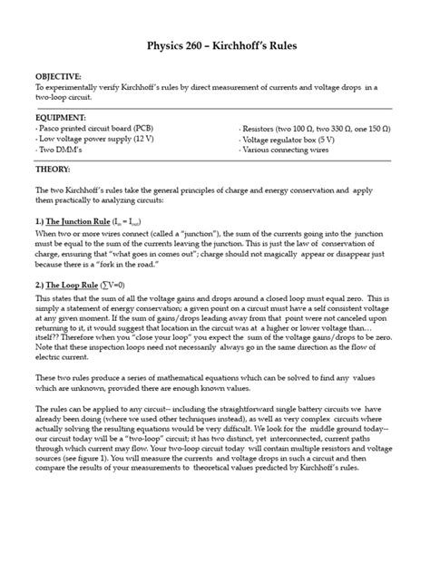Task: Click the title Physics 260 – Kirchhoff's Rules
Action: [x=215, y=45]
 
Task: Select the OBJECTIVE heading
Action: [x=58, y=78]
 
